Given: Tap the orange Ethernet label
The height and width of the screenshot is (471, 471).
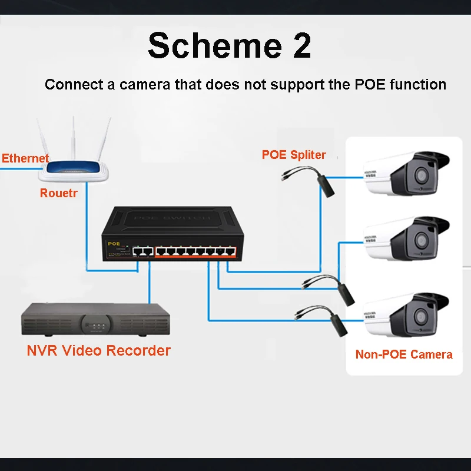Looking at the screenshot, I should point(25,158).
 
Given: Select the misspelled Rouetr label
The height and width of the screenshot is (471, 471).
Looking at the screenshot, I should point(59,193).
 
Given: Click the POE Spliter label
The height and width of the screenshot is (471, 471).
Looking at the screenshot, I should point(294,155).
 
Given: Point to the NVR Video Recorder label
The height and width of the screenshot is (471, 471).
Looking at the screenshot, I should point(99,350).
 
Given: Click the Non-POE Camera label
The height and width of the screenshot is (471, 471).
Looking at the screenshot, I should point(404,354).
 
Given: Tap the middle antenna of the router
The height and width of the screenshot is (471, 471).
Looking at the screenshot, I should point(75,138).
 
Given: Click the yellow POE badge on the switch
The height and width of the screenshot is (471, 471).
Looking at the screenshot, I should point(114,243).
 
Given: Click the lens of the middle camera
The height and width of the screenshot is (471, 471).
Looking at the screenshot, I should point(422,240).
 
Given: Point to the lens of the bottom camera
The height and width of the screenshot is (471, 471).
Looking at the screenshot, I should point(422,316).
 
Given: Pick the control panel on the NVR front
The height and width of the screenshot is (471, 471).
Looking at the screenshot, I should point(94,324).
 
